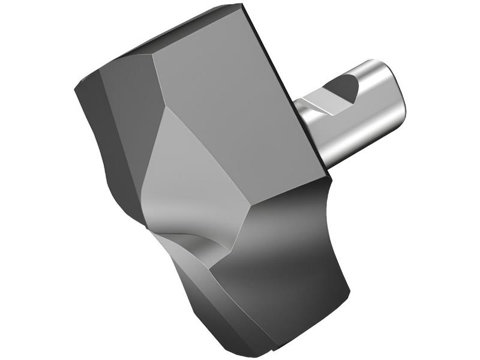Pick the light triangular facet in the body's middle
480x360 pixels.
(180, 162)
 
